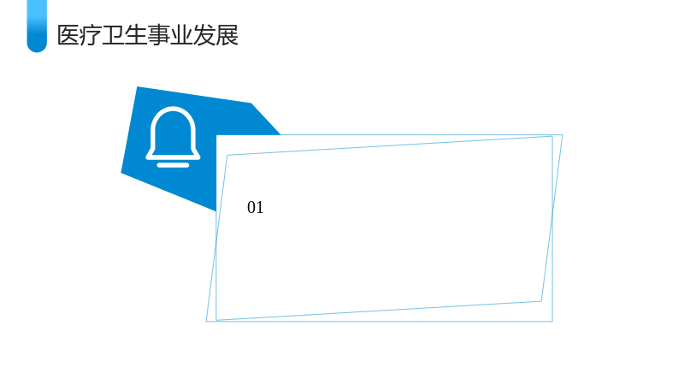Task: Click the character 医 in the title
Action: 68,35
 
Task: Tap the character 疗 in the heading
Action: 91,35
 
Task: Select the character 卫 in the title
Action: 114,35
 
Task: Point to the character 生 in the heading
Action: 136,35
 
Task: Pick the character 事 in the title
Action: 159,35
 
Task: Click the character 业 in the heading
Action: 181,35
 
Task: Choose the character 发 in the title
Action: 204,35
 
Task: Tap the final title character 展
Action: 227,35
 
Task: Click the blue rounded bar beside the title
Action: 37,27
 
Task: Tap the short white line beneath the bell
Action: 174,165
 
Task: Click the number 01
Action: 255,207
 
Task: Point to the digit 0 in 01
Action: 251,207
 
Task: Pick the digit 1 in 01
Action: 260,207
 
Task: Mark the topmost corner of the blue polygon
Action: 137,87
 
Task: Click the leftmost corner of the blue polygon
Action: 121,174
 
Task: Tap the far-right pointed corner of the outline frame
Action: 563,135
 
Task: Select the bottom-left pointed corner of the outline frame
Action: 206,322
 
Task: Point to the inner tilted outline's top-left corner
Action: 227,155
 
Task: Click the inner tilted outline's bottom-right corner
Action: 541,301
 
